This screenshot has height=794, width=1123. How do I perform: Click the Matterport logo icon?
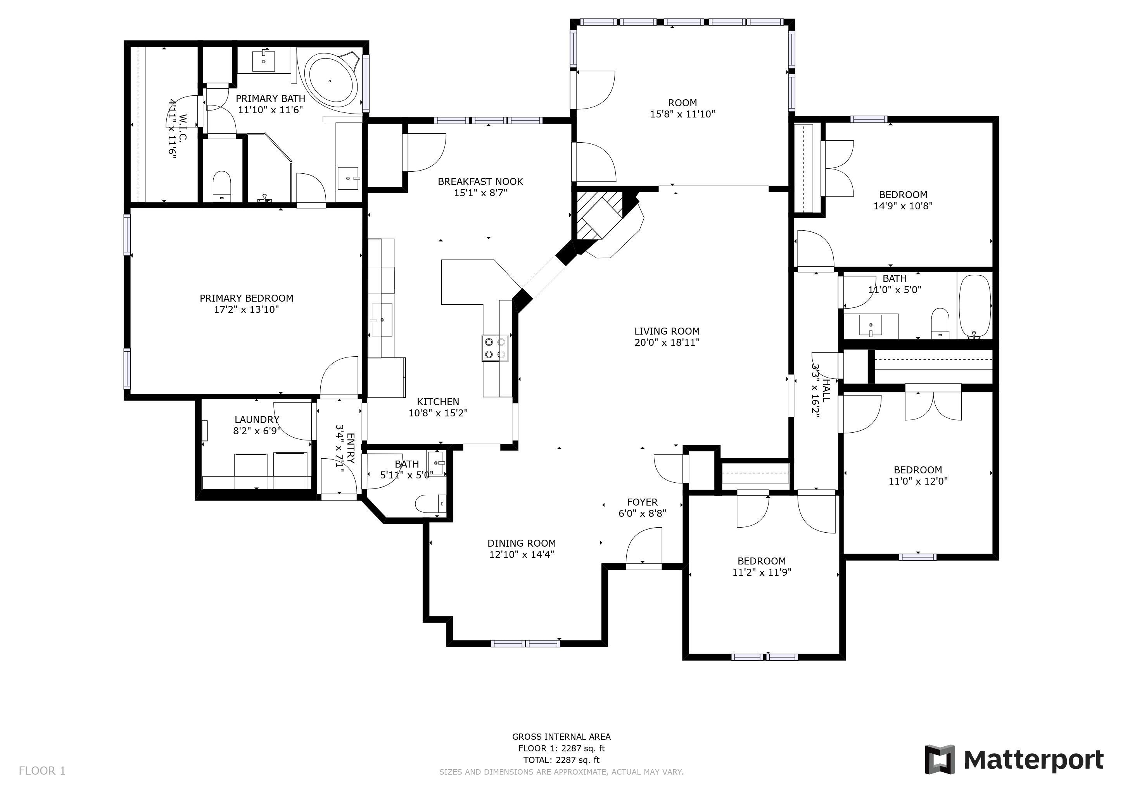pyautogui.click(x=939, y=760)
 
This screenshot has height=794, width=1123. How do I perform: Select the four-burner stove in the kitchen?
pyautogui.click(x=495, y=348)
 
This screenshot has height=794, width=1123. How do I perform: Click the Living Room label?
pyautogui.click(x=667, y=331)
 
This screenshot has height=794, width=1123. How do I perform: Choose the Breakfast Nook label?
pyautogui.click(x=480, y=181)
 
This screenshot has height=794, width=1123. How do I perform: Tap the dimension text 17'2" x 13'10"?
pyautogui.click(x=247, y=309)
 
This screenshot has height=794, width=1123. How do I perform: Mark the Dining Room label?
pyautogui.click(x=522, y=543)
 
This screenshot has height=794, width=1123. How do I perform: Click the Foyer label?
pyautogui.click(x=642, y=502)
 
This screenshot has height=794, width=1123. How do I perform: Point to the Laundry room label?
pyautogui.click(x=257, y=419)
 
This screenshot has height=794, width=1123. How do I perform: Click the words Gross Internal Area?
pyautogui.click(x=561, y=736)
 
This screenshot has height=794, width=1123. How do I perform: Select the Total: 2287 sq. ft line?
pyautogui.click(x=561, y=760)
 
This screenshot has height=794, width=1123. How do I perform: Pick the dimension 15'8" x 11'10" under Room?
pyautogui.click(x=682, y=114)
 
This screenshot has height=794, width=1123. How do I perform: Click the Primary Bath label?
pyautogui.click(x=271, y=98)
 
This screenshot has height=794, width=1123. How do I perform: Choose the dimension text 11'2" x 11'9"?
pyautogui.click(x=762, y=572)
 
